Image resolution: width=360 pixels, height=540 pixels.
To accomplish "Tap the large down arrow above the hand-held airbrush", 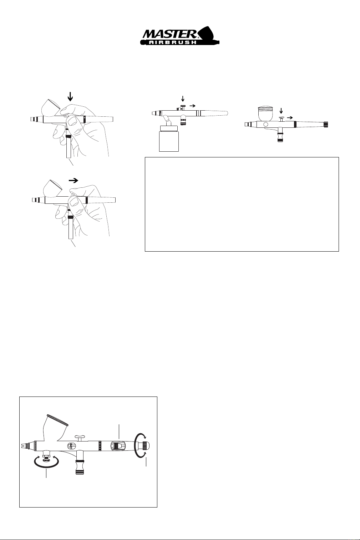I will (x=70, y=96).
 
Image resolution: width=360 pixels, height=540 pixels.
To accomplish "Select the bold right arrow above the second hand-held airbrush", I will (x=73, y=181).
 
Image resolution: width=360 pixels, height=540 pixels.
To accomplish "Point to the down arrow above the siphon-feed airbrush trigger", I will (x=183, y=98).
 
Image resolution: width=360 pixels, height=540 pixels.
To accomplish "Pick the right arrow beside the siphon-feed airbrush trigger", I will (x=192, y=106).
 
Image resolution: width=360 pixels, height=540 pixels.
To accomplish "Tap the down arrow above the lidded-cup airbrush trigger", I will (x=281, y=111).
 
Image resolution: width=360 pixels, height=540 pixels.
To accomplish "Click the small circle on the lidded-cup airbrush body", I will (x=265, y=125).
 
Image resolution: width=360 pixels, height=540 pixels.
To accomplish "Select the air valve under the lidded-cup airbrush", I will (x=280, y=136).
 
